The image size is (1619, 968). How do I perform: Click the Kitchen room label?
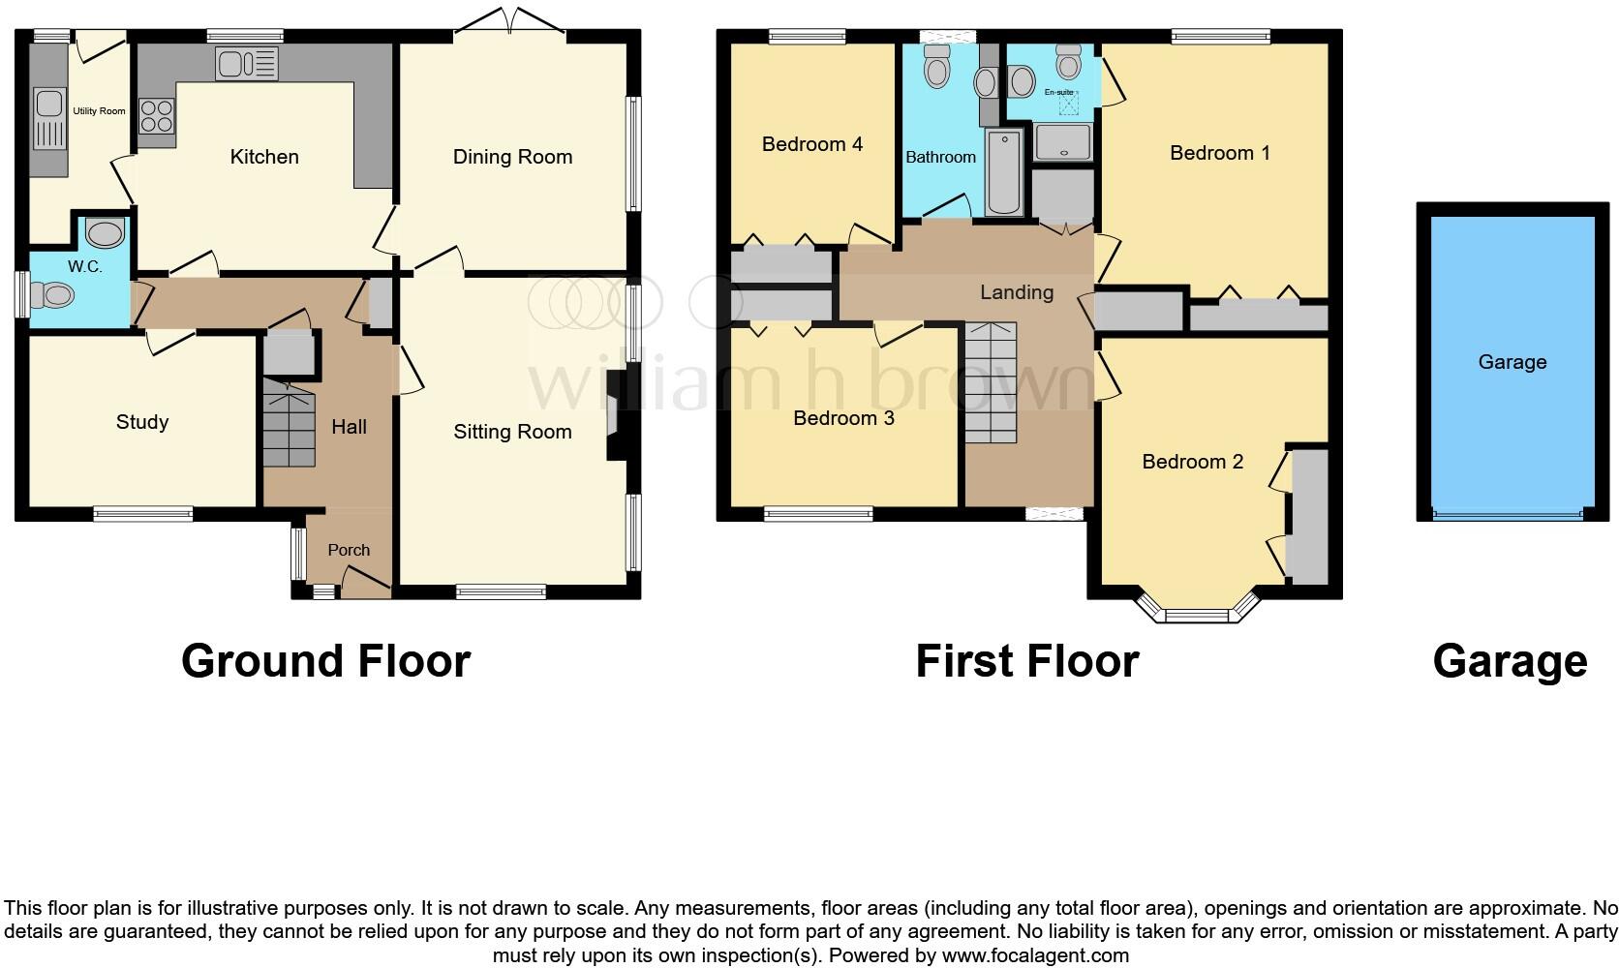pyautogui.click(x=263, y=157)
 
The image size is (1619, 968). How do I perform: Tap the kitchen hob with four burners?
pyautogui.click(x=157, y=117)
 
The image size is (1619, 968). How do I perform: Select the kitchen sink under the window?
pyautogui.click(x=247, y=65)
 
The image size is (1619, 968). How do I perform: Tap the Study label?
pyautogui.click(x=142, y=422)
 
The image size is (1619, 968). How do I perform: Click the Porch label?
pyautogui.click(x=349, y=550)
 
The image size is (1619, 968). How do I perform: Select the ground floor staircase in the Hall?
pyautogui.click(x=290, y=423)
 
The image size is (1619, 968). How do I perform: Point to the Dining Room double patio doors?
pyautogui.click(x=510, y=21)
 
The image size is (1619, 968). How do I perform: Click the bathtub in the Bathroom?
pyautogui.click(x=1004, y=172)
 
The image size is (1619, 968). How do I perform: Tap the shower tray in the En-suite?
pyautogui.click(x=1062, y=141)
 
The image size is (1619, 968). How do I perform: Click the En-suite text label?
pyautogui.click(x=1058, y=93)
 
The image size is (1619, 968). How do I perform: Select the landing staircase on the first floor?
pyautogui.click(x=991, y=382)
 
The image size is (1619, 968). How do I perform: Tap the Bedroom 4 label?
pyautogui.click(x=811, y=145)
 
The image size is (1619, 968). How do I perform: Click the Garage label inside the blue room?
pyautogui.click(x=1512, y=362)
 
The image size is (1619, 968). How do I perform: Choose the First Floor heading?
pyautogui.click(x=1026, y=661)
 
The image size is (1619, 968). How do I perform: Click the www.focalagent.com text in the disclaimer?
pyautogui.click(x=1034, y=956)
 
